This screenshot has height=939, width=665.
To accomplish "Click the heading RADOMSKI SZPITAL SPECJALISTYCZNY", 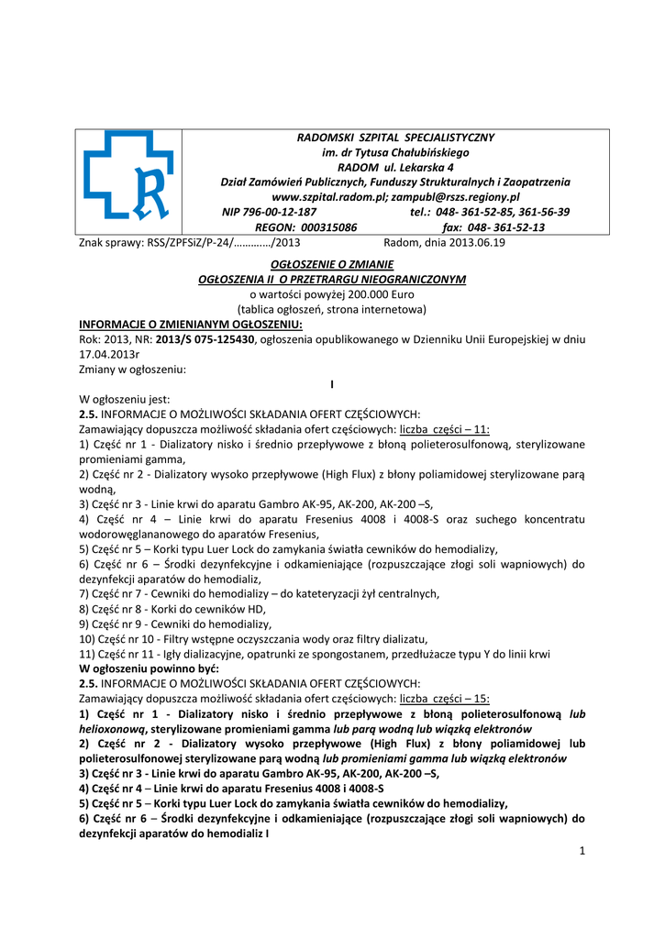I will coord(395,137).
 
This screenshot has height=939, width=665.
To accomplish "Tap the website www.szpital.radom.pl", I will coord(330,196).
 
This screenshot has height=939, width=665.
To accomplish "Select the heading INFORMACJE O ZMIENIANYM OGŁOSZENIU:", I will coord(191,324).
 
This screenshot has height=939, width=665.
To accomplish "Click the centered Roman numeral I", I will coord(331,384).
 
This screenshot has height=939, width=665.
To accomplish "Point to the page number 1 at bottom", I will coord(582,850).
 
